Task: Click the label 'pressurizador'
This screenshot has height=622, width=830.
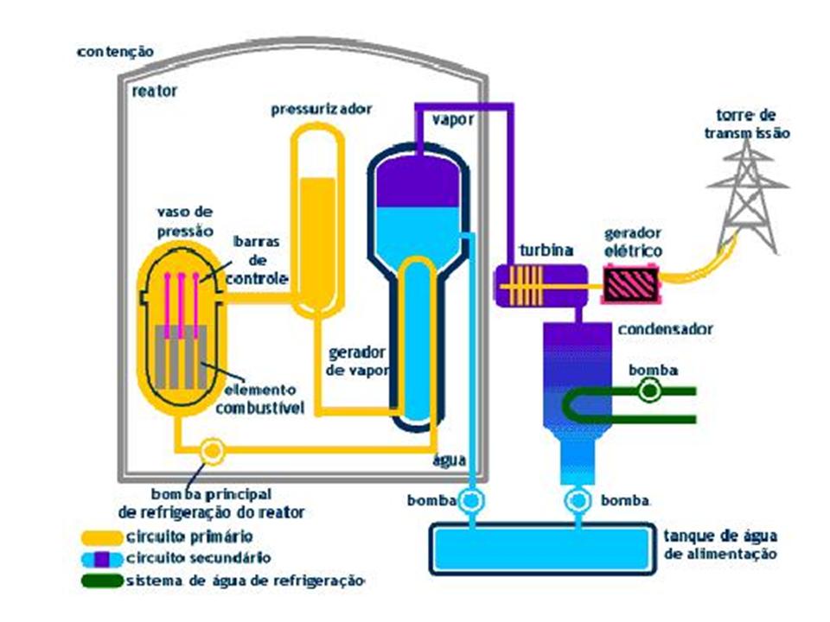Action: [x=322, y=110]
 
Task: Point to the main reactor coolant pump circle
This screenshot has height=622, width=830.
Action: [x=211, y=450]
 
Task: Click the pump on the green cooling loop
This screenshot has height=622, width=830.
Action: [x=648, y=391]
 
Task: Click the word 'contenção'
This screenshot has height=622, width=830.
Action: [x=115, y=52]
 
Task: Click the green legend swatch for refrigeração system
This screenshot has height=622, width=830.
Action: [x=102, y=580]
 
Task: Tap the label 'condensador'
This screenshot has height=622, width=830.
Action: [x=665, y=330]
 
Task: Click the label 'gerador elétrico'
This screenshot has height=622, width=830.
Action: [x=633, y=242]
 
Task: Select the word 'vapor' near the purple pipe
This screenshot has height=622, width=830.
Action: [x=453, y=120]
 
